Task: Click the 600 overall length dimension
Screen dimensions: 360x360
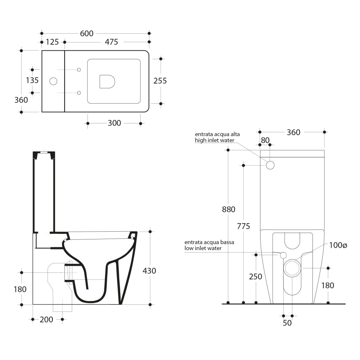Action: (x=87, y=33)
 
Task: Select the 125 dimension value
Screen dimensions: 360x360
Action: (x=52, y=42)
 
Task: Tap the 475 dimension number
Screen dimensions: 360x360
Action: (x=111, y=42)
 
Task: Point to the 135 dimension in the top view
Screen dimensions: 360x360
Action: (x=32, y=81)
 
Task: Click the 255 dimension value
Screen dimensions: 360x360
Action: (x=160, y=81)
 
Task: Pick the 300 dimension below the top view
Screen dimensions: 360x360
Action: (x=114, y=123)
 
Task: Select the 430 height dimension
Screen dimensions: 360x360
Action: (x=149, y=271)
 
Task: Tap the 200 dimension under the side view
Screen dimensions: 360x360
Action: (x=46, y=320)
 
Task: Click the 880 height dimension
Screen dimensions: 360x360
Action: (x=229, y=210)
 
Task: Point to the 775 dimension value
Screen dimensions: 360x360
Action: (x=243, y=226)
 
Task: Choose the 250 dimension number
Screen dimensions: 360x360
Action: (x=256, y=277)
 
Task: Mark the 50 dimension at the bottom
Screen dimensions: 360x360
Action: (x=287, y=323)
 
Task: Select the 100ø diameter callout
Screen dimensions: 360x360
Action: (x=338, y=245)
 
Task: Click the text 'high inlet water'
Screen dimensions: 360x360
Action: (x=214, y=140)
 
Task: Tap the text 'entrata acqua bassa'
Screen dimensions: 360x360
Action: (x=210, y=243)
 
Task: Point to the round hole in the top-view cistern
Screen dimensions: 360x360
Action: (x=53, y=81)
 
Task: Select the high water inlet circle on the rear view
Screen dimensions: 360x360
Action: (x=270, y=165)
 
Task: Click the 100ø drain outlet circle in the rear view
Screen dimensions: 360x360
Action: (x=292, y=268)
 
